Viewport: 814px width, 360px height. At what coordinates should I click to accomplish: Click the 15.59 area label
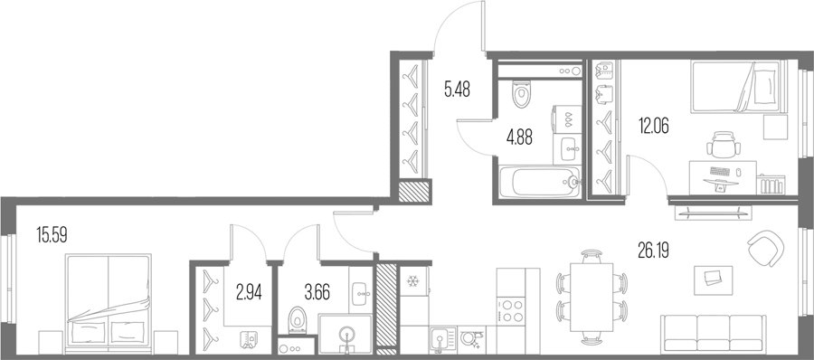[52, 235]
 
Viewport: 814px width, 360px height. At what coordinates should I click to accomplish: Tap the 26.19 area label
[653, 251]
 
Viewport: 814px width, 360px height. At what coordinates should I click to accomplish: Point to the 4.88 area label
[519, 137]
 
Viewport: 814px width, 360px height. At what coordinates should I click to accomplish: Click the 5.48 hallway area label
[457, 90]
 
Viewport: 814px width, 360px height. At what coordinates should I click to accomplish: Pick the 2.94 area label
[249, 292]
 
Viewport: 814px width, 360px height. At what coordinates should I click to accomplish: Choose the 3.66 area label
[317, 292]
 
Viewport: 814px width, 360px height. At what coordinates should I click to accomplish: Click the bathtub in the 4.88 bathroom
[539, 181]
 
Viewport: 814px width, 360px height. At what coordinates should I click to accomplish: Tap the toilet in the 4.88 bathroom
[521, 94]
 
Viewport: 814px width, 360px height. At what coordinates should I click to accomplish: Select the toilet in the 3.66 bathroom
[298, 319]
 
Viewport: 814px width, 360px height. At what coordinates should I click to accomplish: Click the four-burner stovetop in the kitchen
[510, 310]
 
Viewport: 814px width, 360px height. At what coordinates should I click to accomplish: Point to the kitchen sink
[442, 340]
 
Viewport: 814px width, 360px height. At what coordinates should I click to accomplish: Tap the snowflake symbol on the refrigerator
[412, 281]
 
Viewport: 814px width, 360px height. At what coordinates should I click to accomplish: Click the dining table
[592, 297]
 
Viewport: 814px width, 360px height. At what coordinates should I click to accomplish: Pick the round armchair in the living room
[766, 249]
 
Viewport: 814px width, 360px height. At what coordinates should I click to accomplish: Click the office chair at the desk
[724, 145]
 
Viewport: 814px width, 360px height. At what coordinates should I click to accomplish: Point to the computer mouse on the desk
[738, 172]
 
